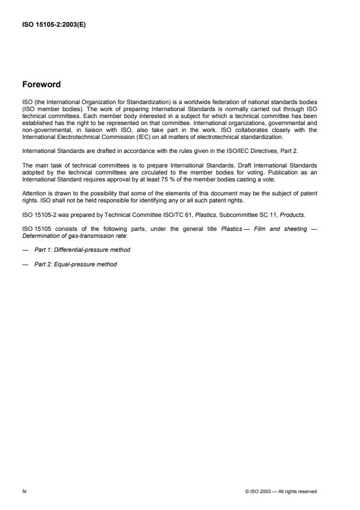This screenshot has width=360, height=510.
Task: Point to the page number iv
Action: pyautogui.click(x=24, y=491)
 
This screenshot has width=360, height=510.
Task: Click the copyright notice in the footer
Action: pyautogui.click(x=281, y=492)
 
